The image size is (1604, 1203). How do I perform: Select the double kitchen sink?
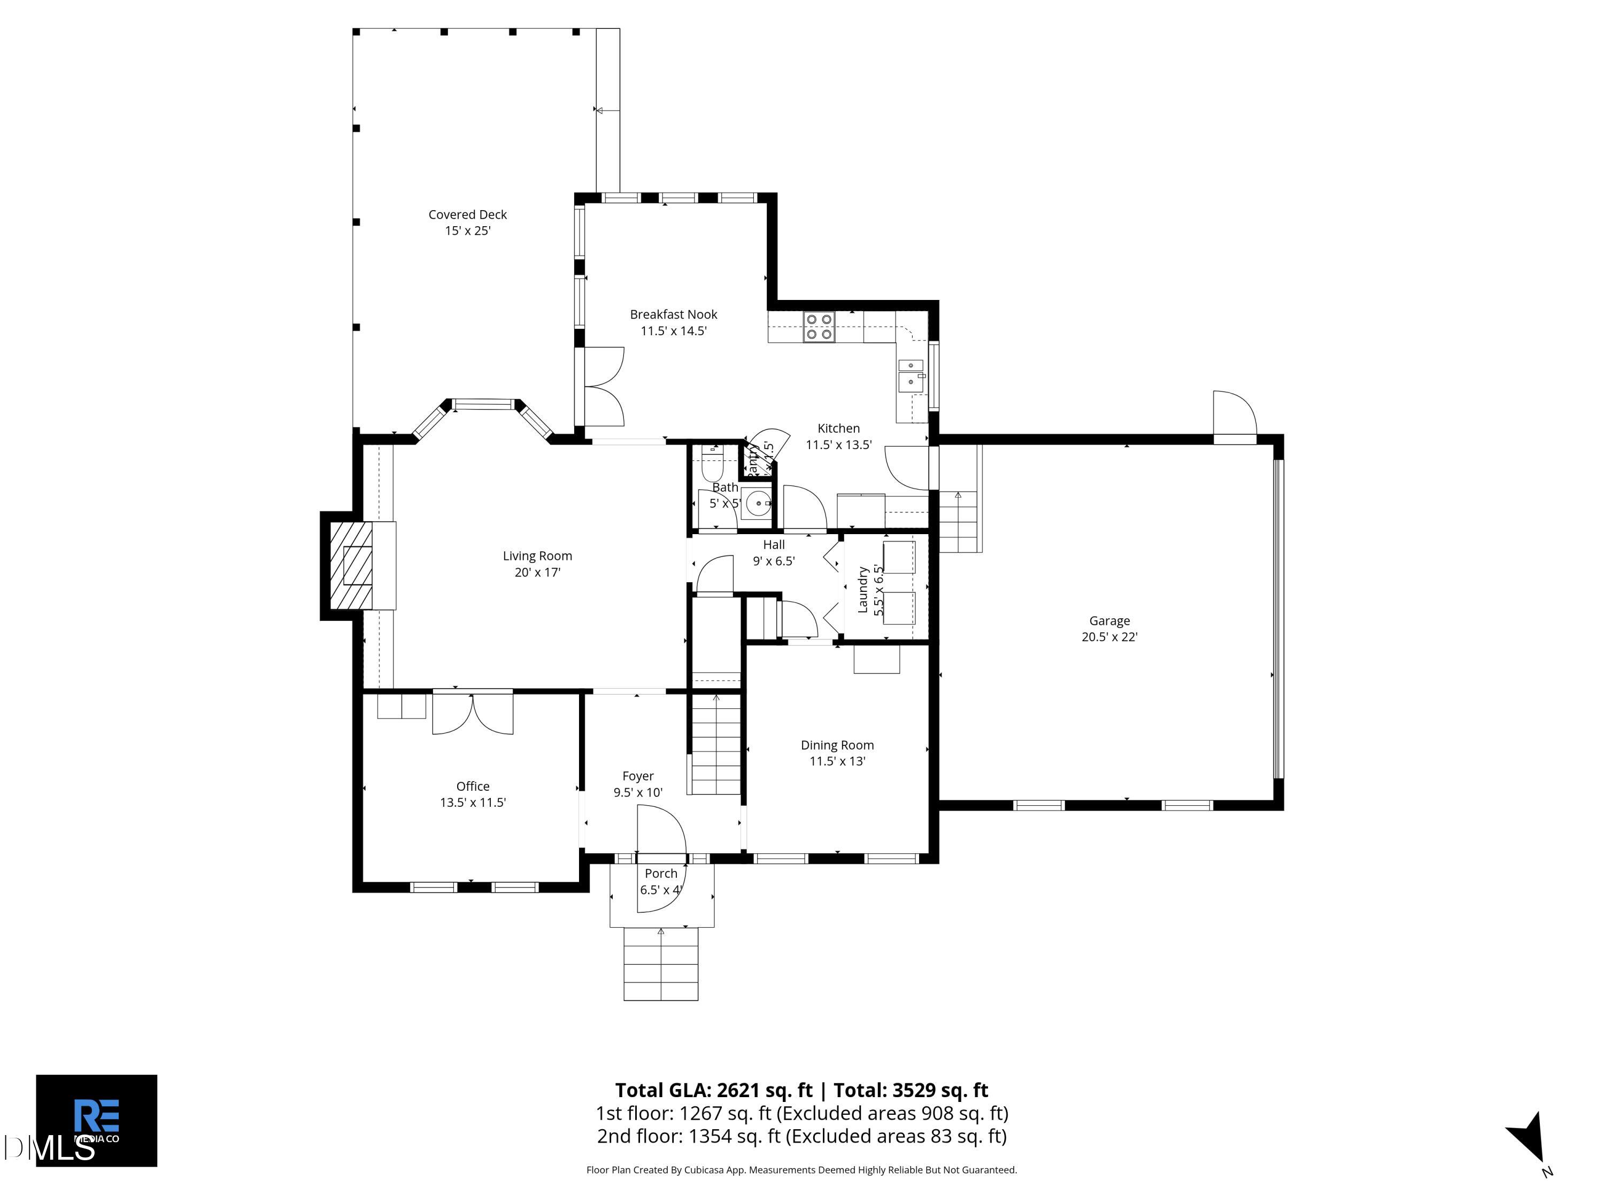pyautogui.click(x=910, y=374)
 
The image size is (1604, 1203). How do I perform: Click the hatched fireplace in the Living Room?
pyautogui.click(x=352, y=566)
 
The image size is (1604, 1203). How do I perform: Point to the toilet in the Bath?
pyautogui.click(x=712, y=462)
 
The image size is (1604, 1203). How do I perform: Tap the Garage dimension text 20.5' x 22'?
pyautogui.click(x=1109, y=637)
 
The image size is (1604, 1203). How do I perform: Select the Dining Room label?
pyautogui.click(x=837, y=745)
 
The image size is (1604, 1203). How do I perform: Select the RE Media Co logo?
pyautogui.click(x=96, y=1120)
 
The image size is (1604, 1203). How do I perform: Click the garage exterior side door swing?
pyautogui.click(x=1234, y=415)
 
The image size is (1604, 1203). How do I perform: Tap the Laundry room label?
pyautogui.click(x=863, y=590)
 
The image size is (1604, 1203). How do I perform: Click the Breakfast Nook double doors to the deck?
pyautogui.click(x=603, y=387)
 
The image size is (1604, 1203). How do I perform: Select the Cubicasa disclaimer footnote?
pyautogui.click(x=801, y=1170)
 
